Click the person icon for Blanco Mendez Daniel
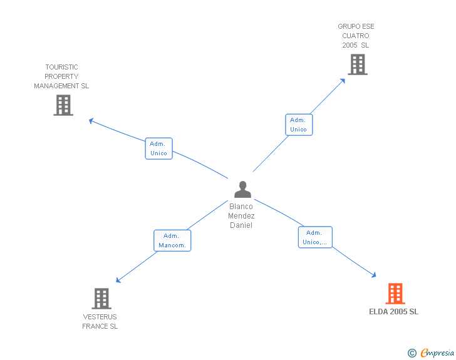pos(242,190)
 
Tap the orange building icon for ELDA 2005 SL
pos(395,293)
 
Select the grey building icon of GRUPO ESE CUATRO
pos(357,64)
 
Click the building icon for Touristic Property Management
pos(63,105)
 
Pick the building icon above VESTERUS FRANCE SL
pos(101,299)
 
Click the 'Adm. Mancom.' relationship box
pos(172,240)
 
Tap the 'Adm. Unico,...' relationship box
pos(315,237)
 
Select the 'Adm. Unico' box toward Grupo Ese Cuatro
pos(298,125)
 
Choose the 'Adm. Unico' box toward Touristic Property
pos(158,148)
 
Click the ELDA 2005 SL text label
pos(393,312)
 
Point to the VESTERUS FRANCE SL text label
pos(100,322)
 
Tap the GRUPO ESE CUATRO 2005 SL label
pos(356,36)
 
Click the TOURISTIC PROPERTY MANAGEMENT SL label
pos(61,76)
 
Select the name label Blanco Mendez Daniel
pos(241,215)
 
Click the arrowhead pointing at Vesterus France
pos(118,280)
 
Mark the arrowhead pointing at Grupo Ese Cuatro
pos(343,80)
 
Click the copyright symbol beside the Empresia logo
pos(412,354)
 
